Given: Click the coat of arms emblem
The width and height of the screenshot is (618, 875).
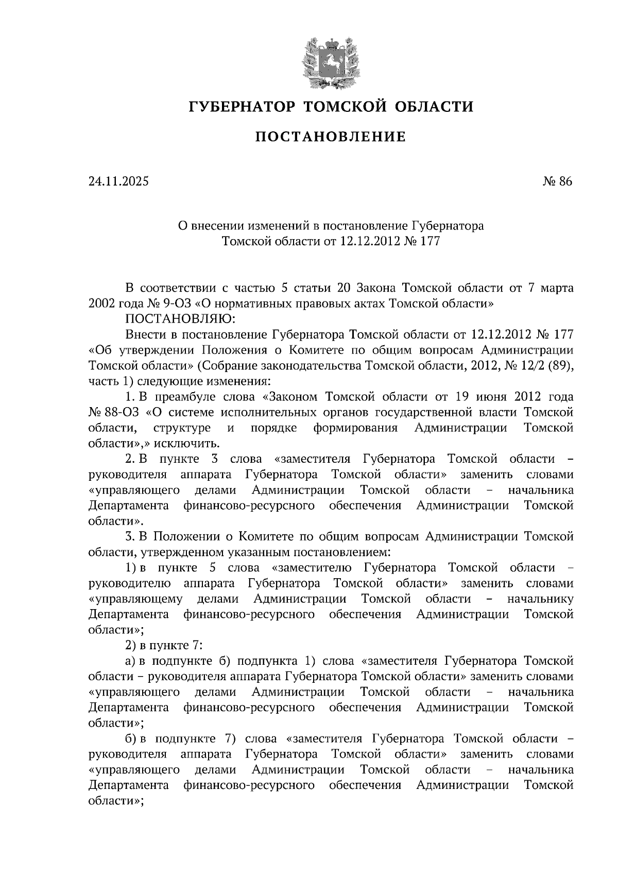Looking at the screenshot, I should point(330,61).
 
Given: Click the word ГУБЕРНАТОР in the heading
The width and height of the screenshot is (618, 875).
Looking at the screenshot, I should point(242,107).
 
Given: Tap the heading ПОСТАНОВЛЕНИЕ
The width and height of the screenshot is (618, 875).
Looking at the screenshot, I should point(331,137).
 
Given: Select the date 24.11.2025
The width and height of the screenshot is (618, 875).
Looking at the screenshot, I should point(118,181).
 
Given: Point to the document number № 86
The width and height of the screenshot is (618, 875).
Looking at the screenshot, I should point(557,181).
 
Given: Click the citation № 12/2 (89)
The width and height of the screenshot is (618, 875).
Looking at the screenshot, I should point(540,366).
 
